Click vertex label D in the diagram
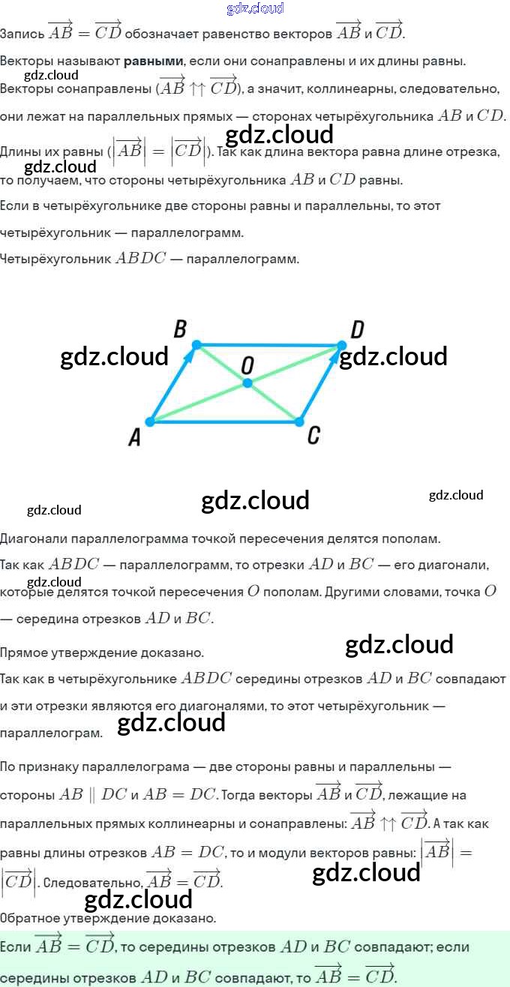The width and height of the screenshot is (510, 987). (357, 329)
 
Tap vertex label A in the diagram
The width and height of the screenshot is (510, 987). (135, 436)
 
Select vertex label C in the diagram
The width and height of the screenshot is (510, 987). (313, 435)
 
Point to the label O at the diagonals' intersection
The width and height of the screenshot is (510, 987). (247, 365)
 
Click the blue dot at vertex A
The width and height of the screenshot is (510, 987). (150, 421)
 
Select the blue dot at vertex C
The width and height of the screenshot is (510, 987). (298, 421)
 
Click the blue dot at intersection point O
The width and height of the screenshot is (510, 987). (247, 383)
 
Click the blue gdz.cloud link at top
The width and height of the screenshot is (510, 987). (255, 8)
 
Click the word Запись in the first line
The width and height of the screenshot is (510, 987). (21, 34)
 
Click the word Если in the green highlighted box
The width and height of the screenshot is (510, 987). (15, 947)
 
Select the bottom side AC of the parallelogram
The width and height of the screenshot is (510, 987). (225, 421)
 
